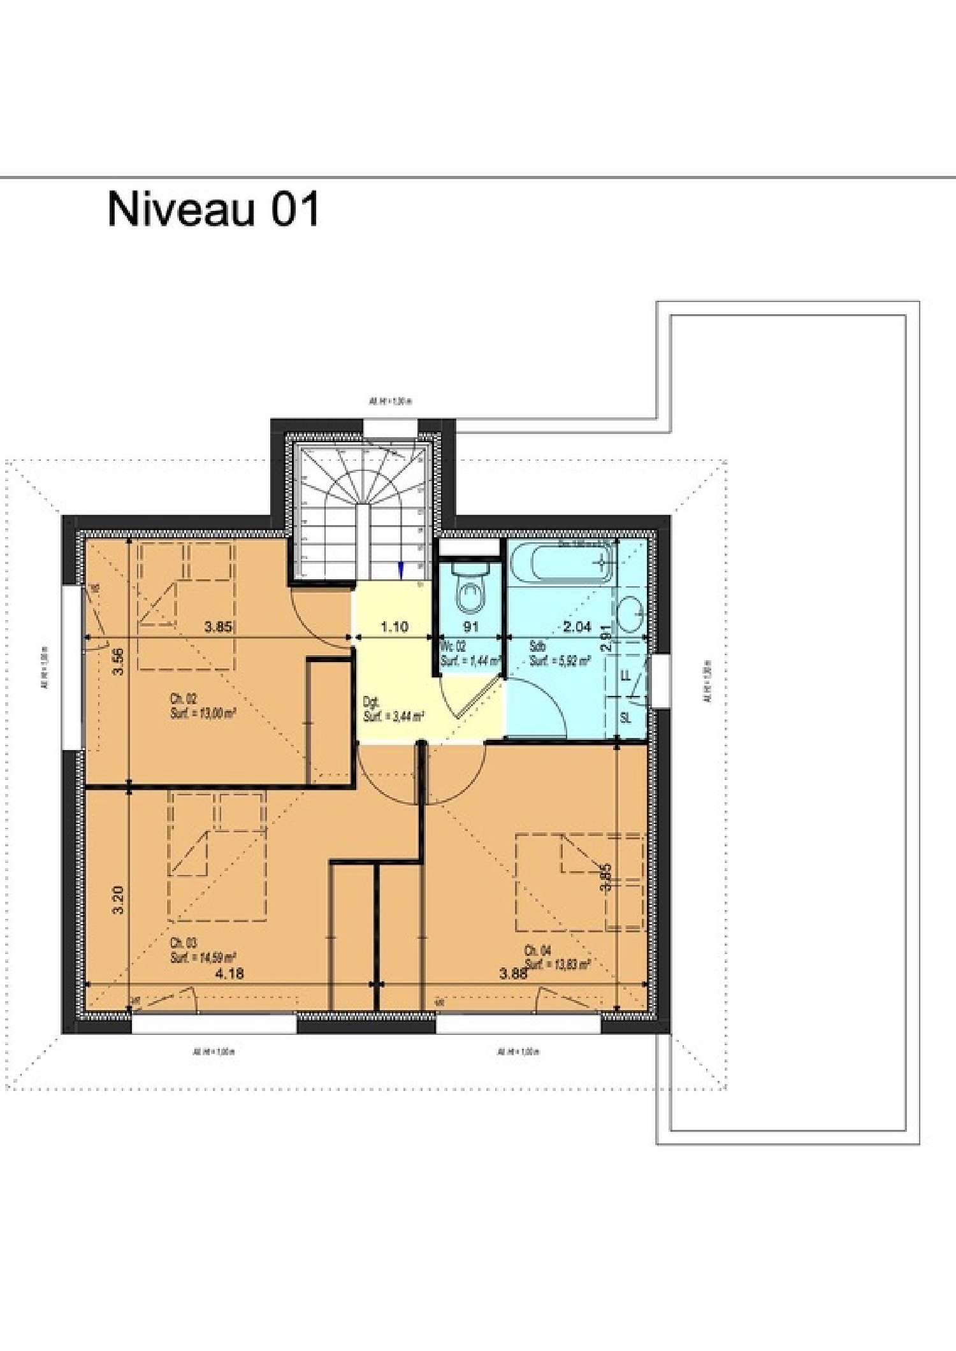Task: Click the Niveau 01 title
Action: click(x=214, y=208)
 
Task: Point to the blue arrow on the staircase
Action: click(x=401, y=570)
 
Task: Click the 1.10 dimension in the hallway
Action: click(x=395, y=626)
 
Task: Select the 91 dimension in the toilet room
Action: click(x=470, y=626)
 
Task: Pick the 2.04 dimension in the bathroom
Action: click(x=577, y=626)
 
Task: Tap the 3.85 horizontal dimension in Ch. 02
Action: click(x=218, y=626)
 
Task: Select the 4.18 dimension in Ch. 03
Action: click(x=229, y=973)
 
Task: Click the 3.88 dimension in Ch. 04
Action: click(x=513, y=973)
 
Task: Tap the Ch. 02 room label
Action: click(x=184, y=698)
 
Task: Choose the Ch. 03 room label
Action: click(x=184, y=943)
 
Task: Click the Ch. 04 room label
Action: click(x=537, y=950)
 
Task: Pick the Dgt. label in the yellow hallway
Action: click(x=371, y=702)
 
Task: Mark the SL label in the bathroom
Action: click(x=625, y=718)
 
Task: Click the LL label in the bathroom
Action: click(x=625, y=675)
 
